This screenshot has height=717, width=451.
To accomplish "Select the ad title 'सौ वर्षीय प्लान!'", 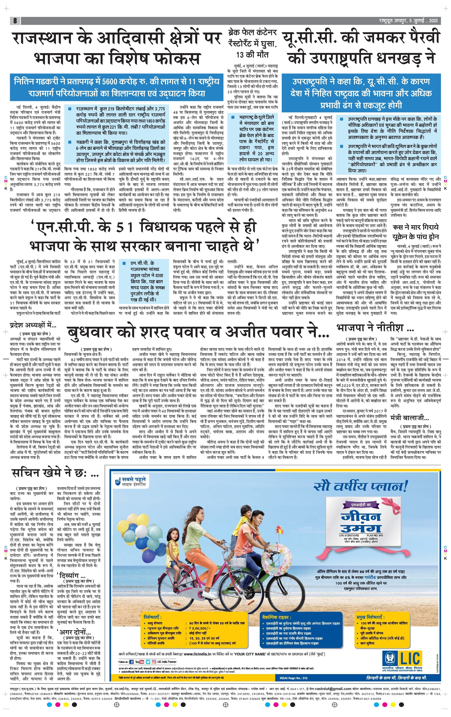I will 360,486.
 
